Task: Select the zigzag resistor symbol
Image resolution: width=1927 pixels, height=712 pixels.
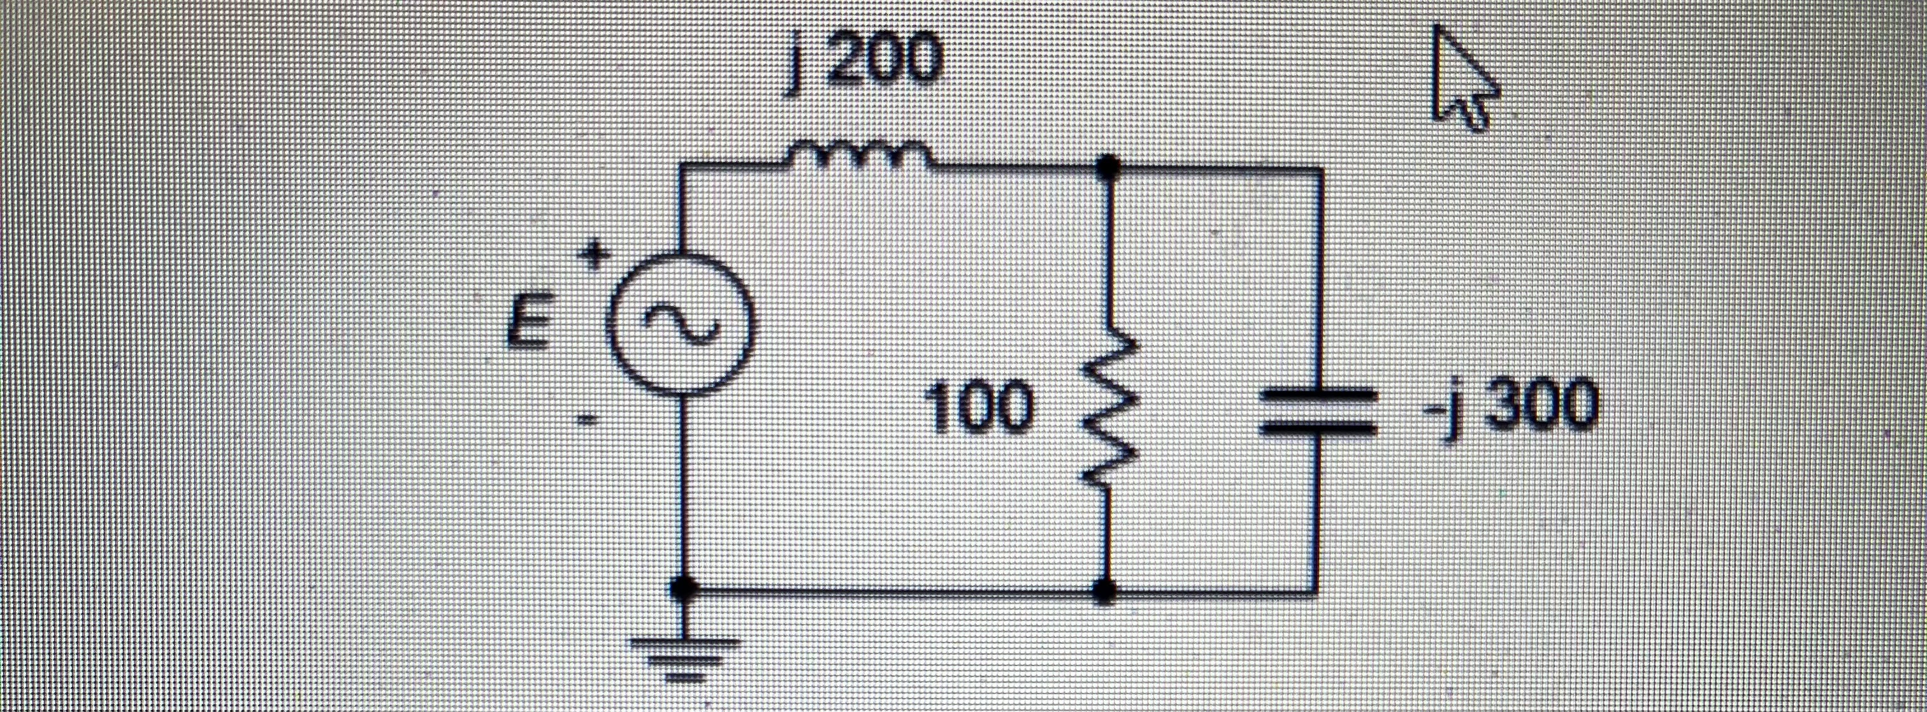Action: click(x=1106, y=411)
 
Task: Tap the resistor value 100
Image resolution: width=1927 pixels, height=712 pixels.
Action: click(x=981, y=410)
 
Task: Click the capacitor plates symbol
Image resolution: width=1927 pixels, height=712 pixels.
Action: click(x=1317, y=410)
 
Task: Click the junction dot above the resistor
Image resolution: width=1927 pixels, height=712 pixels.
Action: click(x=1107, y=166)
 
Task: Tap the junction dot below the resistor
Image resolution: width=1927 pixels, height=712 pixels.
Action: click(x=1106, y=591)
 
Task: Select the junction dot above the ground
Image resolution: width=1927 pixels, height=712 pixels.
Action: click(x=682, y=590)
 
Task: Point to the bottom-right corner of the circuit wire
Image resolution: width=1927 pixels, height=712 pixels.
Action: click(x=1317, y=593)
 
